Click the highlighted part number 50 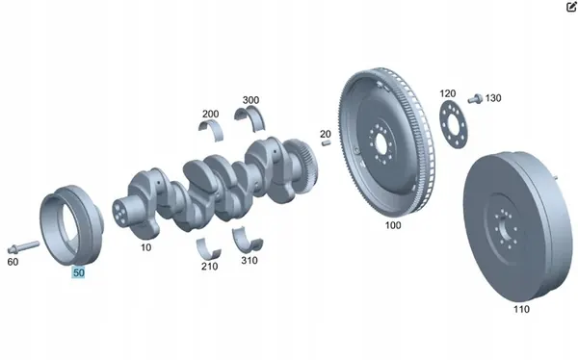[x=79, y=272]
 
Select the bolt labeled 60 [x=23, y=246]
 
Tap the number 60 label [x=13, y=262]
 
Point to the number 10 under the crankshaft [x=146, y=247]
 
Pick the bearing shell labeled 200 [x=211, y=130]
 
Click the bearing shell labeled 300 [x=250, y=117]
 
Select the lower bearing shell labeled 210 [x=208, y=248]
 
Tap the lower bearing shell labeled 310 [x=248, y=240]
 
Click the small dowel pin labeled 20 [x=326, y=142]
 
